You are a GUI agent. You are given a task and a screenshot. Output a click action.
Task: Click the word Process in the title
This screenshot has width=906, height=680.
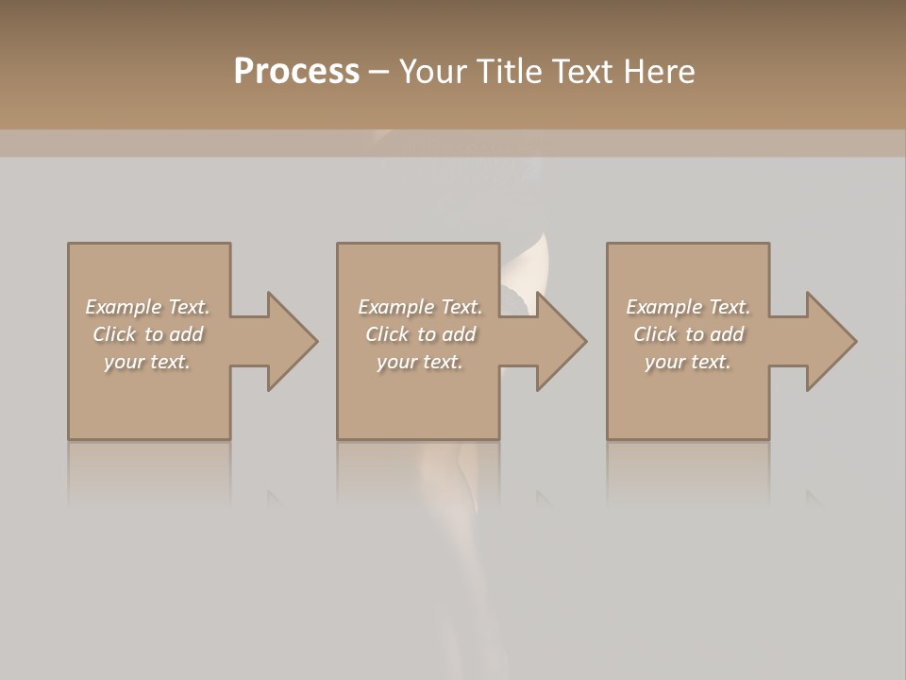point(296,72)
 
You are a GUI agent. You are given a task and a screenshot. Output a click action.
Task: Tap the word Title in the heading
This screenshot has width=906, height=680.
point(507,72)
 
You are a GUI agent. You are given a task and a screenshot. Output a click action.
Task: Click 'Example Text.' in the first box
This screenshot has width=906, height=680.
point(147,307)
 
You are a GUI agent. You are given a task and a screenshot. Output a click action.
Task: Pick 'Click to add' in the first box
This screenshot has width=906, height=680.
point(147,334)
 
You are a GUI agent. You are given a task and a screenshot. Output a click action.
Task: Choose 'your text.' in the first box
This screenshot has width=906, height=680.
point(147,362)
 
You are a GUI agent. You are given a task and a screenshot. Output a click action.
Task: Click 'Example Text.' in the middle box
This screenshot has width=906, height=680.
point(419,307)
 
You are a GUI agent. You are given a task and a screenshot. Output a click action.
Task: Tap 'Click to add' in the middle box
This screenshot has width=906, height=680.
point(419,334)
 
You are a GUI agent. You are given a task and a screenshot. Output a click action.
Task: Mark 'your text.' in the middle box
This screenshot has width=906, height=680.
point(419,362)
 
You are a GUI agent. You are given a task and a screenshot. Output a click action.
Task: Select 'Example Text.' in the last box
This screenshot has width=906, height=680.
point(688,307)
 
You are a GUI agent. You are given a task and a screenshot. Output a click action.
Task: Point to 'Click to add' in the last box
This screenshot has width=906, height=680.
point(688,334)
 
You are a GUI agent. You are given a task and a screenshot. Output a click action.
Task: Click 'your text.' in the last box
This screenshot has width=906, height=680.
point(688,362)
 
